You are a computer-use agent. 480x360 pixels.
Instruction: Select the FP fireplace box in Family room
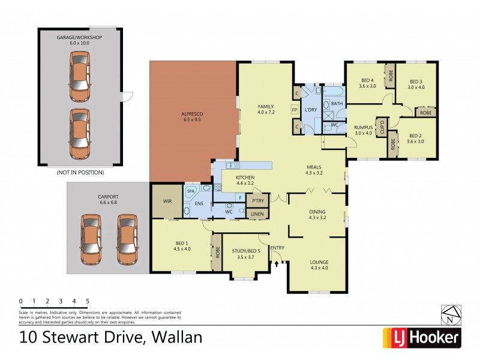(x=294, y=110)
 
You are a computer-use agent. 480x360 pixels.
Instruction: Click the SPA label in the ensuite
(x=191, y=191)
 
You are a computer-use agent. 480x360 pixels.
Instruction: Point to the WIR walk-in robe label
(x=167, y=202)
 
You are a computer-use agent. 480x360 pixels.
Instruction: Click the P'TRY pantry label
(x=258, y=200)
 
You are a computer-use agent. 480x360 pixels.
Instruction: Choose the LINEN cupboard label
(x=257, y=214)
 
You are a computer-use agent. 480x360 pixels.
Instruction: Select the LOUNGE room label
(x=319, y=262)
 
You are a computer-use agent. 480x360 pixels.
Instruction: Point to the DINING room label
(x=317, y=211)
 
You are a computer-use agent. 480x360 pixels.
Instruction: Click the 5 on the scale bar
(x=88, y=301)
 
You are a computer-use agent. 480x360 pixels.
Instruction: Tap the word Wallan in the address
(x=175, y=337)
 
